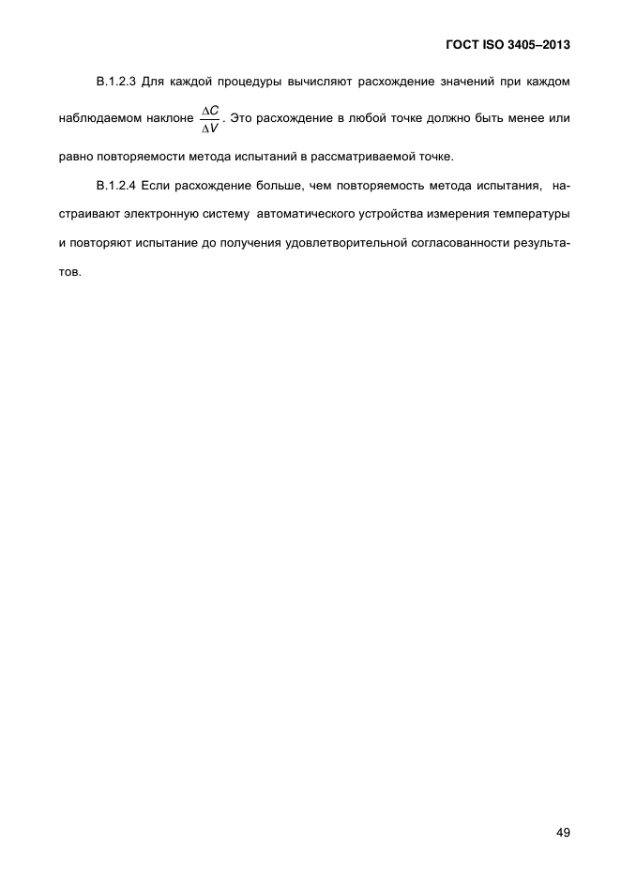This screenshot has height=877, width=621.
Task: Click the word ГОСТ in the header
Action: tap(459, 45)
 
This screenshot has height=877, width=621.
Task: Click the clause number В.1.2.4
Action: tap(117, 186)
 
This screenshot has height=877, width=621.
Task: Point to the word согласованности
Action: tap(459, 244)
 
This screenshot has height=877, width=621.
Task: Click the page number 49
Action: tap(563, 832)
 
